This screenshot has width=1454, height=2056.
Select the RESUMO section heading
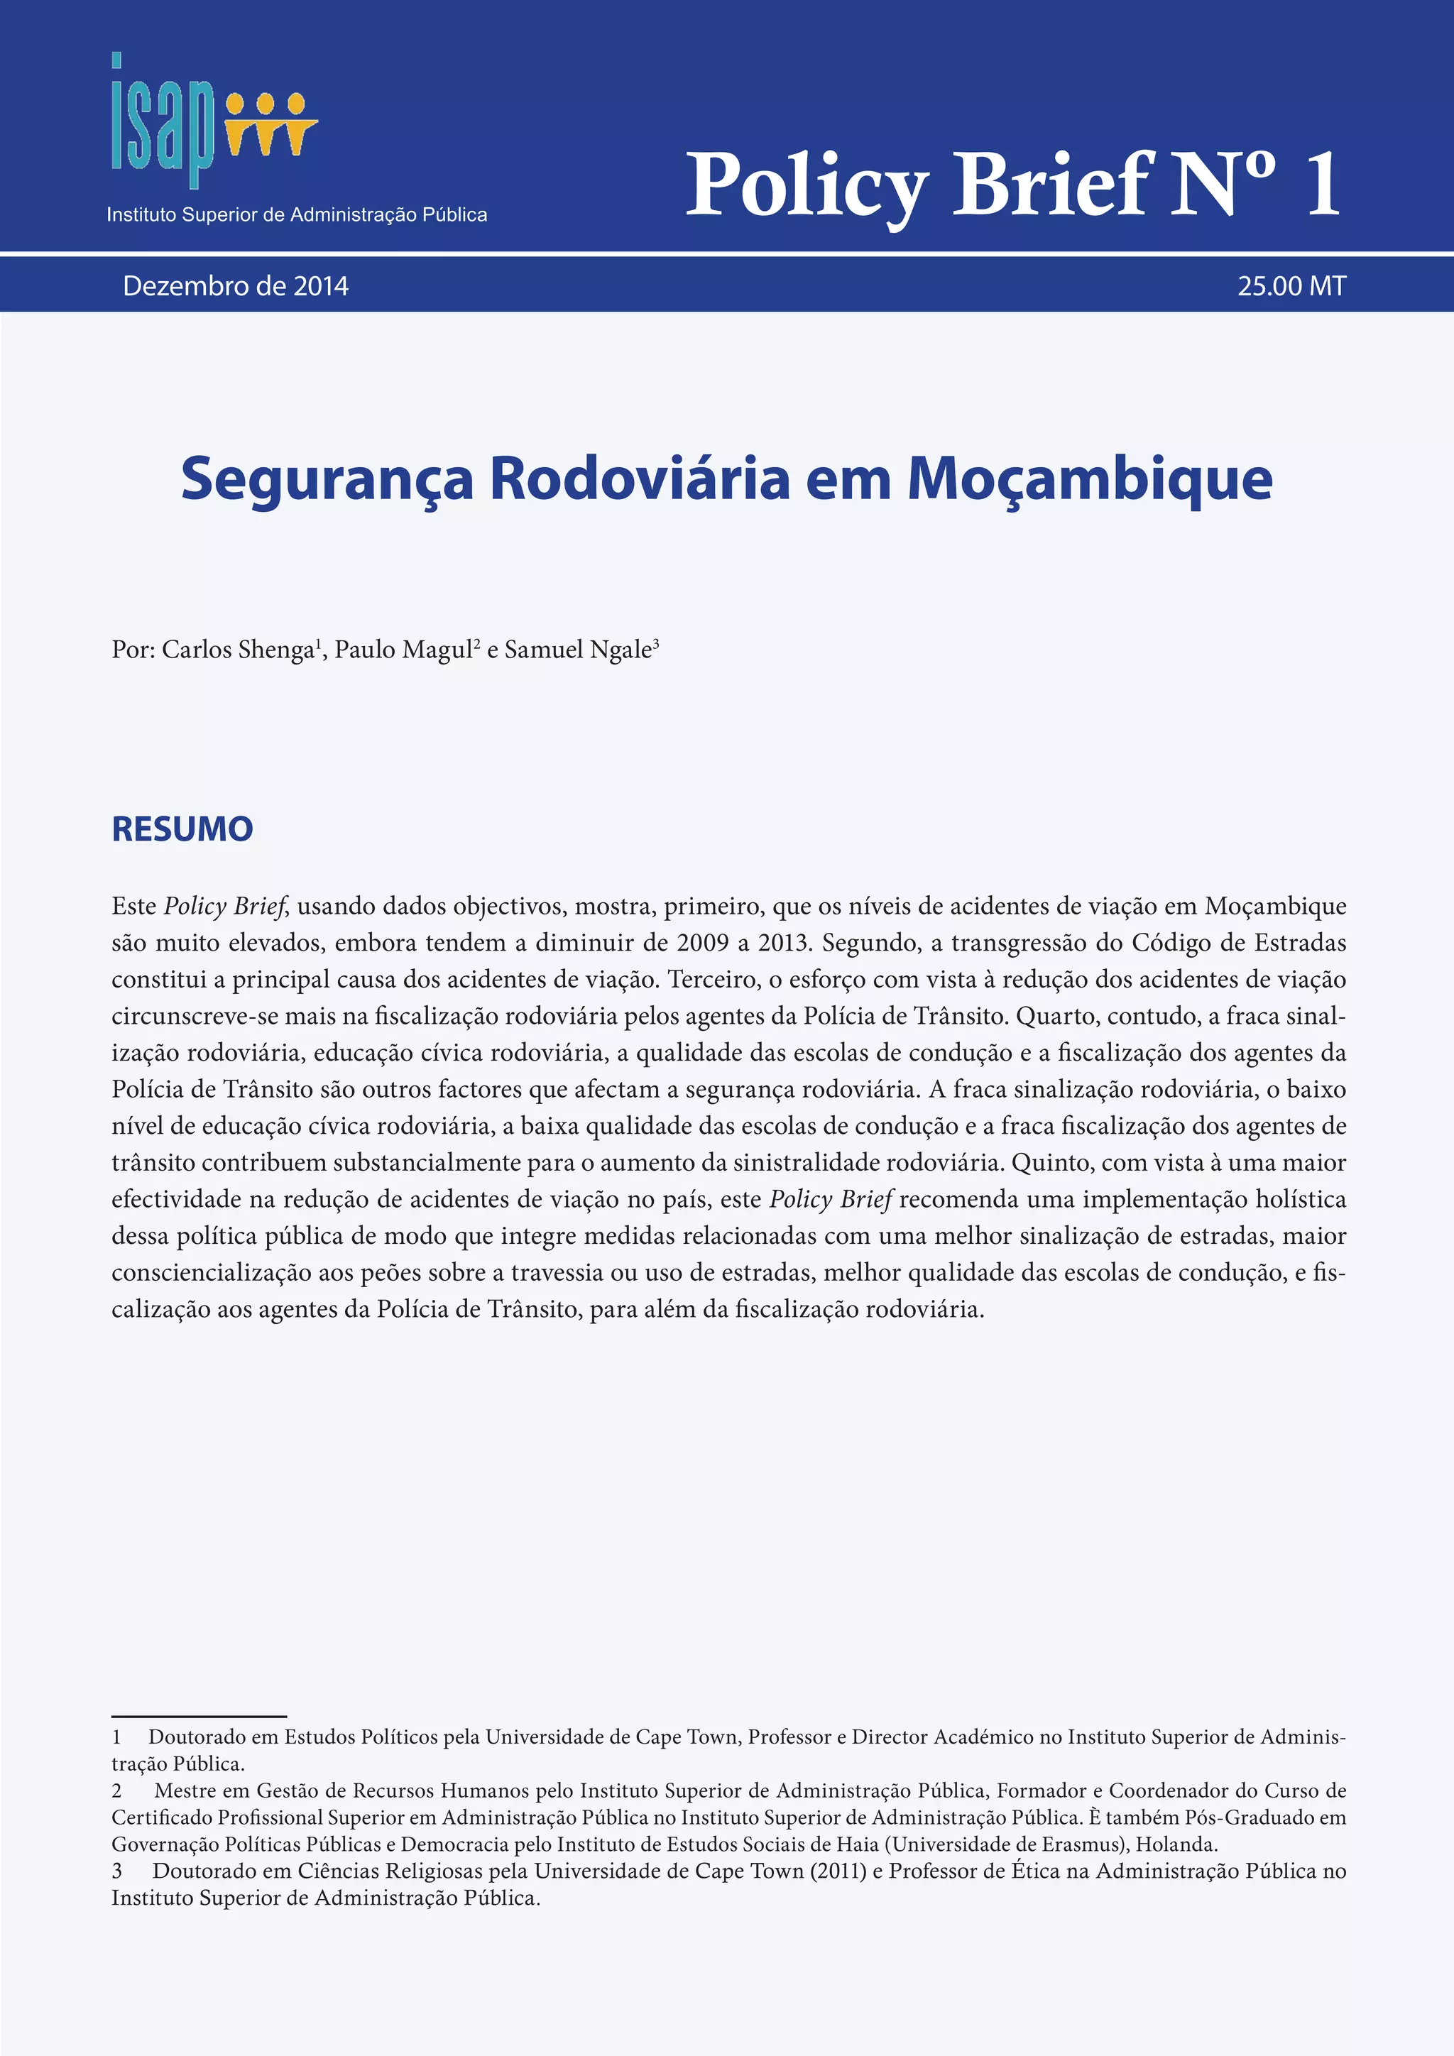pyautogui.click(x=182, y=829)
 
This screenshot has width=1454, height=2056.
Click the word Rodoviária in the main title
pyautogui.click(x=639, y=479)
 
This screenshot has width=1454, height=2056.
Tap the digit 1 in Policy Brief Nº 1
pyautogui.click(x=1323, y=185)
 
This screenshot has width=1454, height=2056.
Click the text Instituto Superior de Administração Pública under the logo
pyautogui.click(x=297, y=215)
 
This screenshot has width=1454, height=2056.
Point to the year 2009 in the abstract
pyautogui.click(x=703, y=943)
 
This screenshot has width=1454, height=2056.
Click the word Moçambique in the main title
pyautogui.click(x=1090, y=479)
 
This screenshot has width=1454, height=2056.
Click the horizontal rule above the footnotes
pyautogui.click(x=199, y=1717)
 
